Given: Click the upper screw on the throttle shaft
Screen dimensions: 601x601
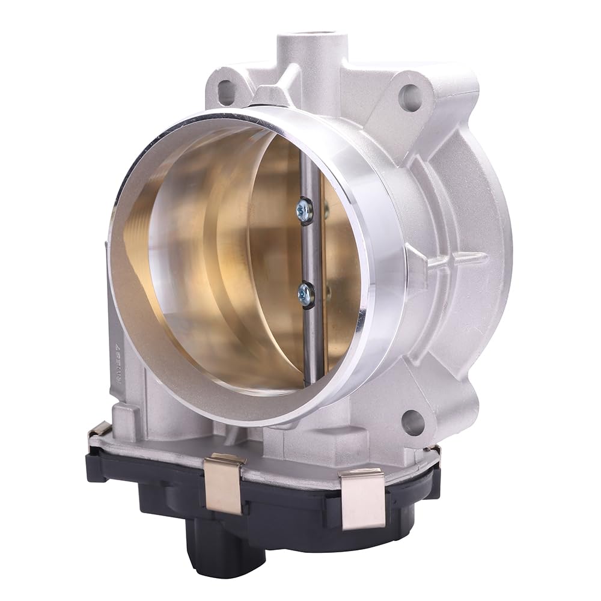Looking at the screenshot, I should point(305,210).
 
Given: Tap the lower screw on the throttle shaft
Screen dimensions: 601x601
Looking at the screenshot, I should point(305,294).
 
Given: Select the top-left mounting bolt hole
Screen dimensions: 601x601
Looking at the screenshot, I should point(226,91).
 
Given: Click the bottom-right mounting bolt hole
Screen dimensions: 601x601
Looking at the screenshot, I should point(412,423).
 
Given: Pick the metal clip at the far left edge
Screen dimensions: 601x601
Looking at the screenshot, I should point(99,430).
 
